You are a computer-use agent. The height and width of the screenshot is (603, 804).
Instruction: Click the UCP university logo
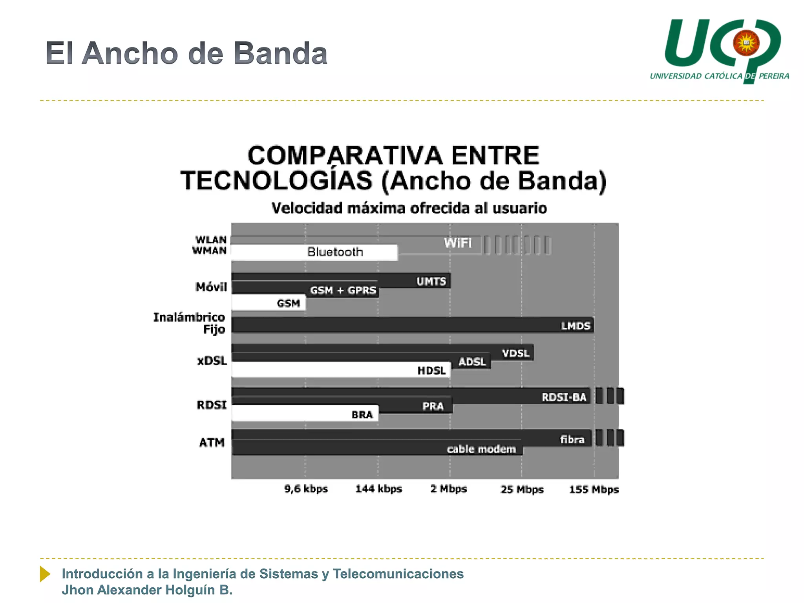(720, 49)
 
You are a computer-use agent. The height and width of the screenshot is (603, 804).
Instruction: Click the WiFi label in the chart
(458, 243)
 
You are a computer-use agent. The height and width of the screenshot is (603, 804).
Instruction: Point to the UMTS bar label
(431, 281)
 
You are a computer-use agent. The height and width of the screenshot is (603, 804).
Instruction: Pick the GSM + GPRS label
(343, 290)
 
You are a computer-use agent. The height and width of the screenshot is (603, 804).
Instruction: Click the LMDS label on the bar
(576, 326)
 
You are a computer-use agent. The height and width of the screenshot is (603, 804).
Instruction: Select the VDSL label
(515, 353)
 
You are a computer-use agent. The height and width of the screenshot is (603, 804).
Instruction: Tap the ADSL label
(472, 362)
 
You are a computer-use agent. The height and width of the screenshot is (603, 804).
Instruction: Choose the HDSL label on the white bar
(431, 370)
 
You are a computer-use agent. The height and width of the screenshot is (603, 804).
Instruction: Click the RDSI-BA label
(564, 397)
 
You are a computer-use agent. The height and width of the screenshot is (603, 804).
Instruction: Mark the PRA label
(433, 406)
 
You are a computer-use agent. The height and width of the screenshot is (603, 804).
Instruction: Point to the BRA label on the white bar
(362, 415)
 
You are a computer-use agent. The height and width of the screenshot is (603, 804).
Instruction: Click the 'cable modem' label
(481, 449)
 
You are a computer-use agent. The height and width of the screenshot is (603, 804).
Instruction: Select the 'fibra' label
(572, 439)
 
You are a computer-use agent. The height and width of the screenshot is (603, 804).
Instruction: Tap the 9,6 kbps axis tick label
(306, 489)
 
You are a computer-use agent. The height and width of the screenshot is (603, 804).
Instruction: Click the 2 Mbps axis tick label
(449, 489)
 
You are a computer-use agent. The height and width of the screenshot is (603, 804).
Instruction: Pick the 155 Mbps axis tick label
(594, 489)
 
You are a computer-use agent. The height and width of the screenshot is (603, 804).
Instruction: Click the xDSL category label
(212, 360)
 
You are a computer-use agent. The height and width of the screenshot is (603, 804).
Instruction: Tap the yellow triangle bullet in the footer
(45, 574)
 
